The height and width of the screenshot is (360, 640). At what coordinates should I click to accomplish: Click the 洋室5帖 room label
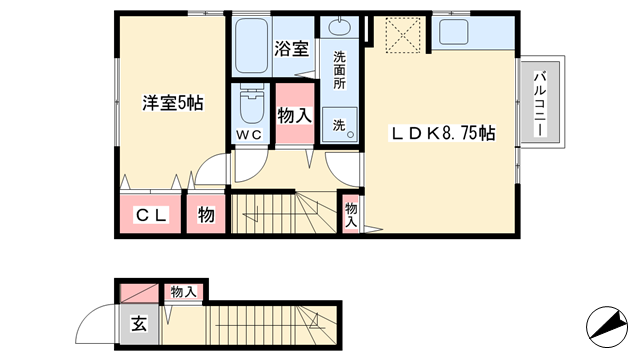[173, 103]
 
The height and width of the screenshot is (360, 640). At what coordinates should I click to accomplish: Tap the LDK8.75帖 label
[443, 133]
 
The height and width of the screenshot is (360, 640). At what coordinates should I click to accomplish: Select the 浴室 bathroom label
[291, 49]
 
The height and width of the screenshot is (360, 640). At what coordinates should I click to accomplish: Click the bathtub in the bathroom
[251, 44]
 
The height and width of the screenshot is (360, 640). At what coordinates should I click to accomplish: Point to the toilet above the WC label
[251, 104]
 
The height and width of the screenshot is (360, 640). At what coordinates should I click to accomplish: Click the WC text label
[249, 134]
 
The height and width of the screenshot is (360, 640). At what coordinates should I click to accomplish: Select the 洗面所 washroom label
[339, 70]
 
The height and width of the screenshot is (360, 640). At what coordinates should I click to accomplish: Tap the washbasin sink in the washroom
[340, 27]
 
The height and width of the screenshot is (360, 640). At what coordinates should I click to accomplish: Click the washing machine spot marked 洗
[340, 125]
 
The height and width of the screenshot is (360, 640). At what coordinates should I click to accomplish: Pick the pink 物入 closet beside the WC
[295, 113]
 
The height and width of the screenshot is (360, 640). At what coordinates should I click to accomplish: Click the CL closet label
[151, 215]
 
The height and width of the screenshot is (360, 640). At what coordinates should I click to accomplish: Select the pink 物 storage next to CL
[206, 214]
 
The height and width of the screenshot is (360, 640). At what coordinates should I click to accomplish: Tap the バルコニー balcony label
[540, 104]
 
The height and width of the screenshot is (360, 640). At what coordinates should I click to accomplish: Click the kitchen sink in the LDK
[453, 32]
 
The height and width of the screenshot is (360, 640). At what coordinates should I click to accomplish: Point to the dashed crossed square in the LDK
[402, 35]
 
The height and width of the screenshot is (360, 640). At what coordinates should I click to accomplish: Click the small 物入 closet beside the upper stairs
[351, 215]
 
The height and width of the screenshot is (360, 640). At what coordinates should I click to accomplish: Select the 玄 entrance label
[139, 324]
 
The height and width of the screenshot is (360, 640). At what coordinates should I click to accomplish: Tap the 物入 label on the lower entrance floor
[184, 292]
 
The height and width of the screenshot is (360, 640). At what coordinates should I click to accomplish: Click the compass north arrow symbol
[607, 327]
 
